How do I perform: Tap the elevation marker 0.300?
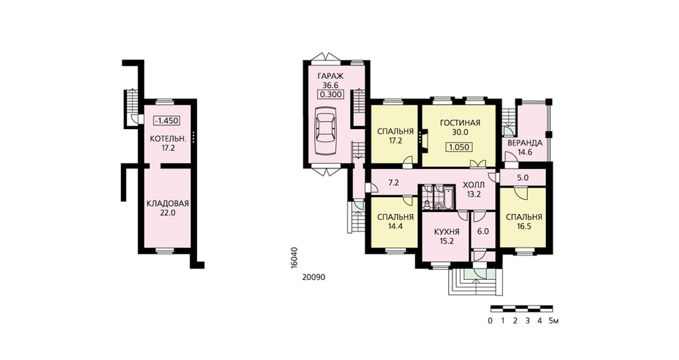331,95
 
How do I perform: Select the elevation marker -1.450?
167,121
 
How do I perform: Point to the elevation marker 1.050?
459,147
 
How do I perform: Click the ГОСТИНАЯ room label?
460,123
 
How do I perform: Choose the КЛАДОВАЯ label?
168,204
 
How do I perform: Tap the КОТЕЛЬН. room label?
168,139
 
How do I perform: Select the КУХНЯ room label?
447,232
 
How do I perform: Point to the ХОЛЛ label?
473,185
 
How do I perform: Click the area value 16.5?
524,226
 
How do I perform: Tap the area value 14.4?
396,226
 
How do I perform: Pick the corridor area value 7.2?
393,183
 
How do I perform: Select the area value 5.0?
523,177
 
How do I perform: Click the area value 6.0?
483,232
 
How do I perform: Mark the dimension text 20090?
314,277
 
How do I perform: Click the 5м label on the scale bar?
554,321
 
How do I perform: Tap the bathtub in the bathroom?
447,198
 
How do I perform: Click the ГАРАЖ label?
331,76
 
